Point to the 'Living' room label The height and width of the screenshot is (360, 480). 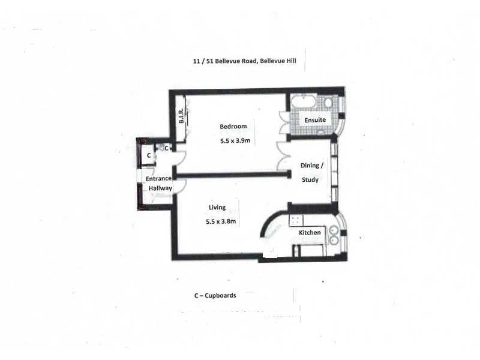[217, 208]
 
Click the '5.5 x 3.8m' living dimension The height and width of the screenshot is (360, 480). [221, 221]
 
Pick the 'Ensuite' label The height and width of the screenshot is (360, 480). [315, 120]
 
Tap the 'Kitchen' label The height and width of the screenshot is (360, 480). [310, 232]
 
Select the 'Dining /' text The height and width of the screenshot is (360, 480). [311, 166]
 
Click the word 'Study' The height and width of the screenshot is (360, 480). [310, 179]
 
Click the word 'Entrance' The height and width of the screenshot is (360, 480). [159, 179]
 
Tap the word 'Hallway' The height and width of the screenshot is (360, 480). [161, 188]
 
